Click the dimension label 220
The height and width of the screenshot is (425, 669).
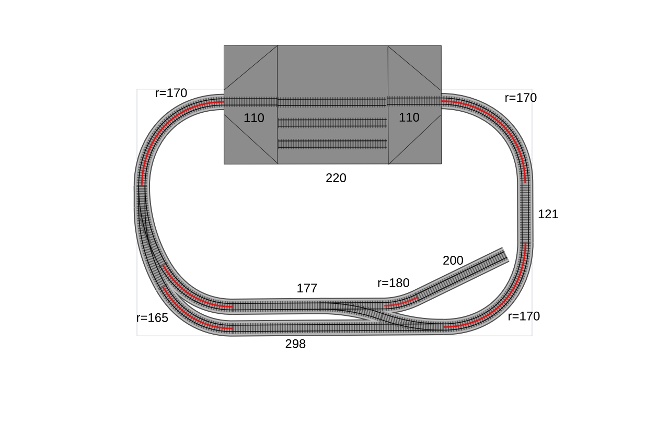pos(336,178)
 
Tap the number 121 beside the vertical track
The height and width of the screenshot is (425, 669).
pos(548,214)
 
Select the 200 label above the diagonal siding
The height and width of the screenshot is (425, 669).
pos(453,261)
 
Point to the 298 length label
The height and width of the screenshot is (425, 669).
pos(295,344)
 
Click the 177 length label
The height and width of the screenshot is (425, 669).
pos(307,288)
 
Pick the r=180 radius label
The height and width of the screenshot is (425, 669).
pos(394,283)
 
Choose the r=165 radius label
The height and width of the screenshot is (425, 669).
pos(152,318)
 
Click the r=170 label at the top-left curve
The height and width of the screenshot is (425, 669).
pos(171,93)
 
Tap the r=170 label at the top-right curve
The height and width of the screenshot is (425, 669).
pos(521,98)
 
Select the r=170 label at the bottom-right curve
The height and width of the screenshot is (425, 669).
pos(524,316)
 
